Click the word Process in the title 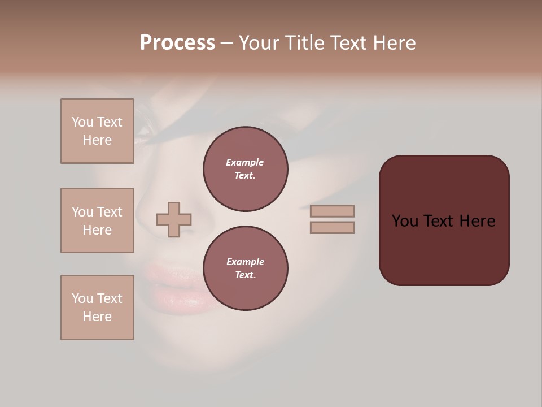point(177,43)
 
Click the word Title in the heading point(304,43)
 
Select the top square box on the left point(97,131)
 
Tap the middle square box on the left point(97,220)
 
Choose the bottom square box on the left point(97,308)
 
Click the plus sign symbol point(174,219)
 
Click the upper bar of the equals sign point(332,211)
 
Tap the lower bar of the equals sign point(332,227)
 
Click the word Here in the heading point(395,43)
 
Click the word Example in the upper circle point(245,162)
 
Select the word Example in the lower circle point(245,262)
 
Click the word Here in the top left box point(97,140)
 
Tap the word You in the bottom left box point(82,298)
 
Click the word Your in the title point(259,43)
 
